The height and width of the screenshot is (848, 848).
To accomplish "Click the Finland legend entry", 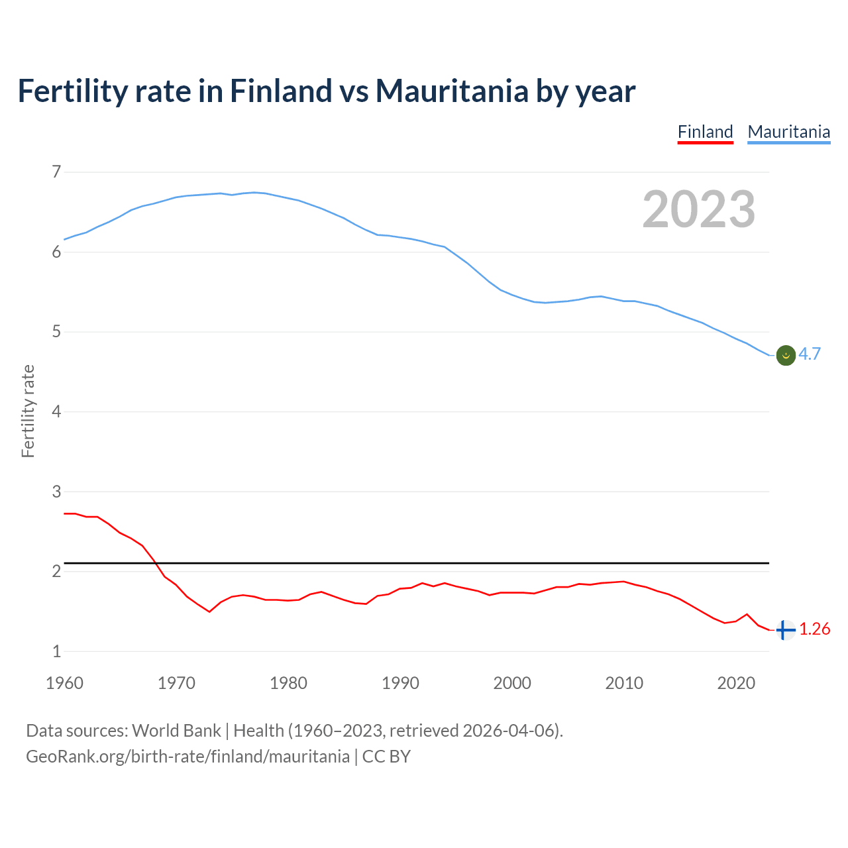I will click(x=705, y=132).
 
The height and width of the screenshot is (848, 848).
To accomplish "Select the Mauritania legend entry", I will click(x=788, y=132).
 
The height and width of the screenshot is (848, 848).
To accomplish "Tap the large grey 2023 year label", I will click(x=698, y=209).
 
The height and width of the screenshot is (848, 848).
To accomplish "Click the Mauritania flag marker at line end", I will click(x=785, y=356).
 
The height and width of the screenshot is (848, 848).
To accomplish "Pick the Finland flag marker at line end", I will click(x=785, y=630).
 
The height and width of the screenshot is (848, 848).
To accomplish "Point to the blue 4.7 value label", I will click(x=810, y=354).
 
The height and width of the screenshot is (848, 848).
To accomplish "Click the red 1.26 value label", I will click(x=814, y=629).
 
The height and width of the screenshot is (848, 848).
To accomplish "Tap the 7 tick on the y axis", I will click(x=56, y=172).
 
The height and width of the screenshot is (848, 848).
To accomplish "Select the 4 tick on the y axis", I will click(x=56, y=412).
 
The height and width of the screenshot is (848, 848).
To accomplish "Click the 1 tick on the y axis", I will click(x=56, y=652).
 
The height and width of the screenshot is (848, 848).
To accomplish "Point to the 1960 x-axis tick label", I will click(x=64, y=683).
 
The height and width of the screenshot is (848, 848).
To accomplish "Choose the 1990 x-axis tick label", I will click(x=400, y=683).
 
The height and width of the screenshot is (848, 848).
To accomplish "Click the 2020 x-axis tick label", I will click(x=736, y=683).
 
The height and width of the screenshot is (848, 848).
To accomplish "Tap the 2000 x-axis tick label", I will click(x=512, y=683).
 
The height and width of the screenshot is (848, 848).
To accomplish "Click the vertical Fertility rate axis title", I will click(x=28, y=411).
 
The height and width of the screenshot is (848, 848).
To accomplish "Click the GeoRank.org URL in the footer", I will click(x=187, y=757).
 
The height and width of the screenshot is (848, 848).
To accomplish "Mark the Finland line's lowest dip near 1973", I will click(x=209, y=611).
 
